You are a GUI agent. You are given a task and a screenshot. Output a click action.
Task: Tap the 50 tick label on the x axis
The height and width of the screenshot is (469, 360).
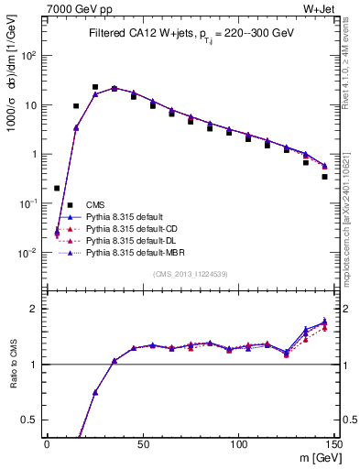tap(143, 443)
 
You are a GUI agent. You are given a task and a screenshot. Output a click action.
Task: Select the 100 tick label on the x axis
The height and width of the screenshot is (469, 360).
tap(238, 443)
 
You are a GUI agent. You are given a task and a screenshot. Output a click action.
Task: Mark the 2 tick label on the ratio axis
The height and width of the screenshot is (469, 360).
tap(34, 309)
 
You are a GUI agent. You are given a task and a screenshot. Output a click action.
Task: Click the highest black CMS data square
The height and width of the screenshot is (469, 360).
tap(95, 87)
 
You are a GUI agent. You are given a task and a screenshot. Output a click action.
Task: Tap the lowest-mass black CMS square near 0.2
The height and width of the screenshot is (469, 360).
tap(57, 188)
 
